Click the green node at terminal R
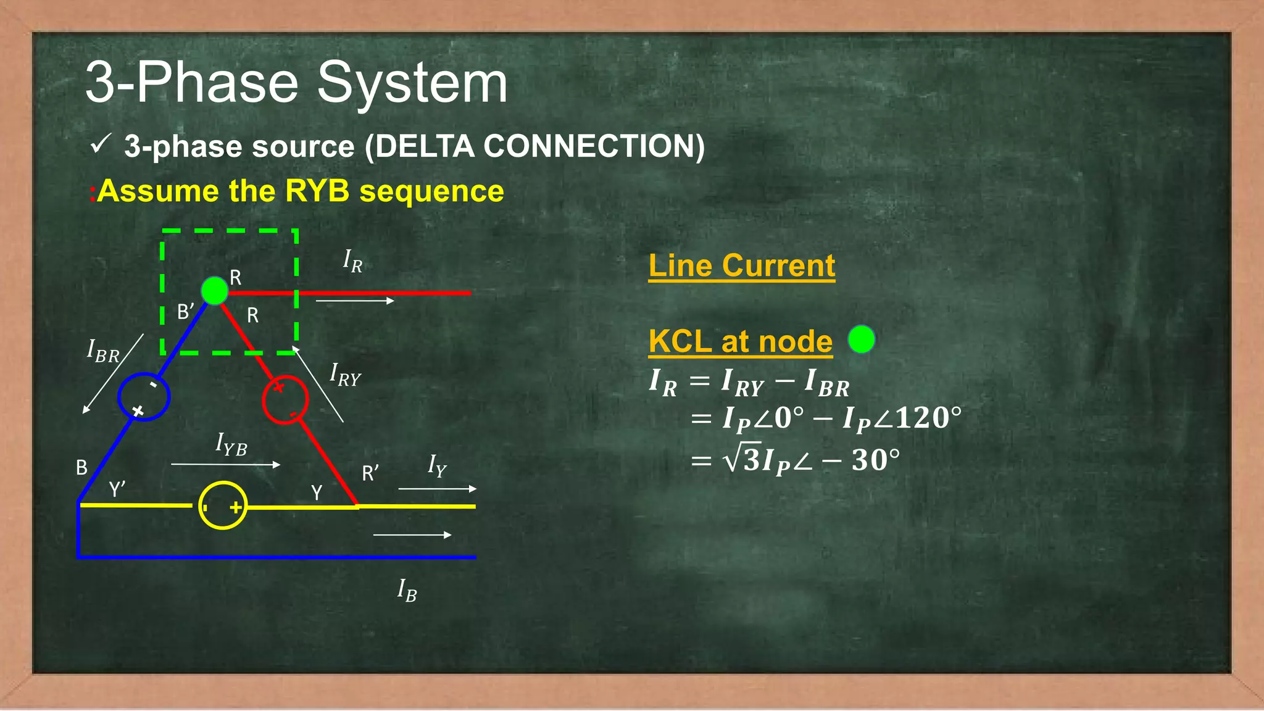tap(215, 291)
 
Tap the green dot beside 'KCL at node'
tap(861, 339)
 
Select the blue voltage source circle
tap(144, 397)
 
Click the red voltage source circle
tap(285, 399)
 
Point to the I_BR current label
tap(103, 352)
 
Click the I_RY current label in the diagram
tap(345, 375)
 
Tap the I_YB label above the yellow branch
tap(231, 444)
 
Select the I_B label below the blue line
tap(407, 591)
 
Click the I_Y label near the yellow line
tap(437, 466)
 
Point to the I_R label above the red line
tap(352, 261)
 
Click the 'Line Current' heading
tap(741, 266)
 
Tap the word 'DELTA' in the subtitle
tap(423, 147)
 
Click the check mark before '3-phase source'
tap(100, 144)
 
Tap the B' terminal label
tap(186, 312)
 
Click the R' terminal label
tap(370, 473)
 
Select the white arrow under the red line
tap(355, 301)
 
